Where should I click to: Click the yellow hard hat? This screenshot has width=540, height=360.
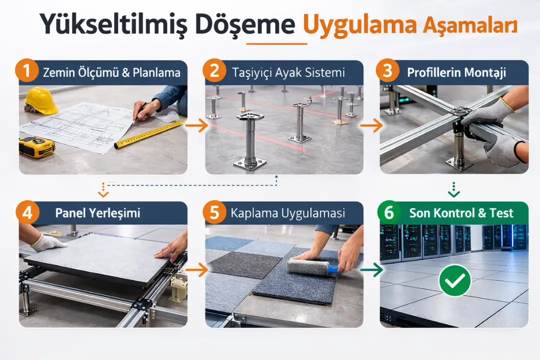(x=41, y=100)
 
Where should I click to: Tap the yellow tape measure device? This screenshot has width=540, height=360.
(x=36, y=147)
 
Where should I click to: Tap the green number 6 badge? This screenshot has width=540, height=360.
(x=389, y=213)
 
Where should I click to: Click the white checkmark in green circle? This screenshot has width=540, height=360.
(x=454, y=281)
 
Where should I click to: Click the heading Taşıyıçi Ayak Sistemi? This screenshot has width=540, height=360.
(x=288, y=72)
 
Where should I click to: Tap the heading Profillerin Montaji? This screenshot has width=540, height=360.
(x=456, y=72)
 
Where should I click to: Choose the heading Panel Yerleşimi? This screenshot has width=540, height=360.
(x=97, y=213)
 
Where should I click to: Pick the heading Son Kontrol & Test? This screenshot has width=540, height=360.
(x=461, y=213)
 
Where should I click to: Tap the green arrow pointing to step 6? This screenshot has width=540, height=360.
(x=371, y=270)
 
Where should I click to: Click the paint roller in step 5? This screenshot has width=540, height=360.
(x=312, y=267)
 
